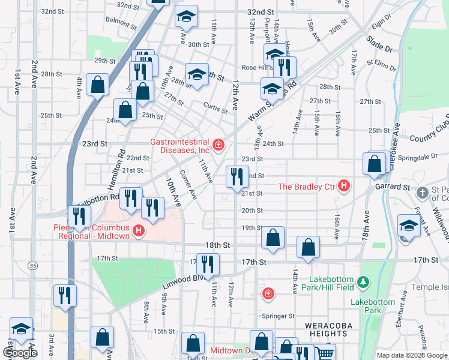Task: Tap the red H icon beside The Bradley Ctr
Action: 343,187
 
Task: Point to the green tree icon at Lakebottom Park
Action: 362,281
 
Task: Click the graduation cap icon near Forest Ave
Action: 408,226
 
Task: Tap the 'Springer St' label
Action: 278,316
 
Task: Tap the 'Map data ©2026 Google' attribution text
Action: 412,355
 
